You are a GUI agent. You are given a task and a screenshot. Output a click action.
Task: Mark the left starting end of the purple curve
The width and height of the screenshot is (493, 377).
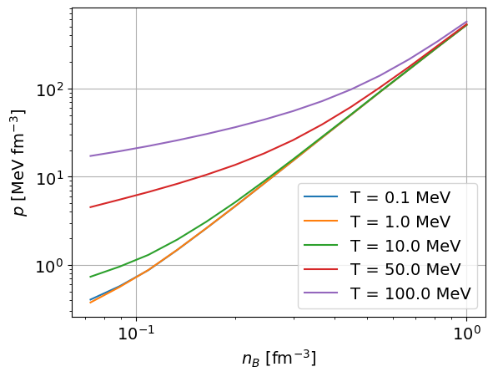(x=90, y=155)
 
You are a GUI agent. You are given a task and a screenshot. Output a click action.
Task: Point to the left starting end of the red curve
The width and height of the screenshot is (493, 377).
(x=90, y=207)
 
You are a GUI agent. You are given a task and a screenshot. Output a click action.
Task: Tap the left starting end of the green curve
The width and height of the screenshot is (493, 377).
(x=90, y=277)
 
